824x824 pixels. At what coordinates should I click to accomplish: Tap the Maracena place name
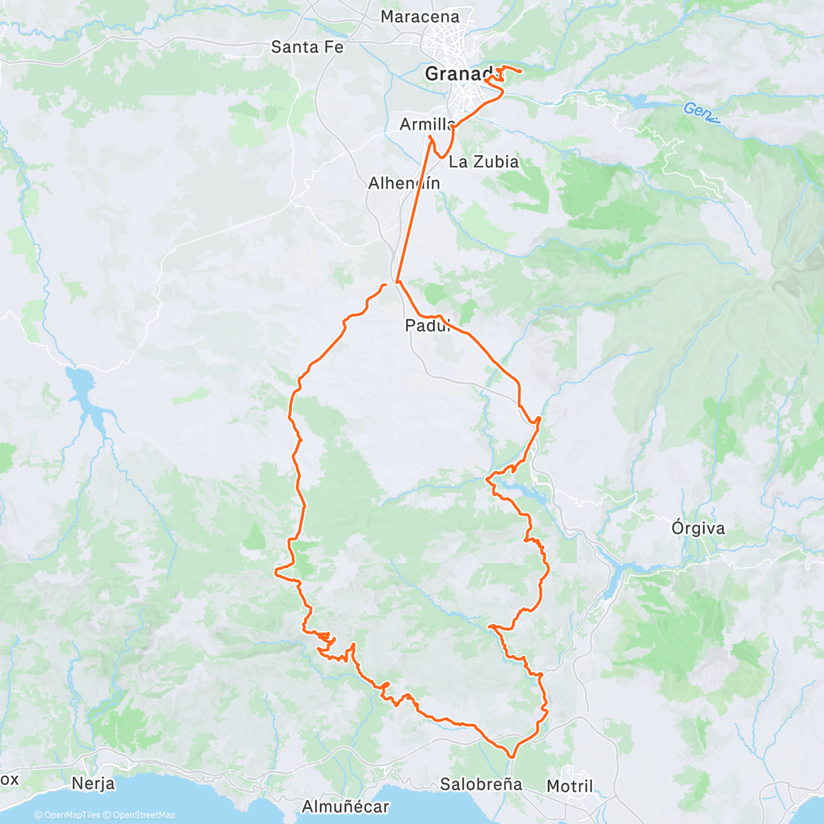(420, 16)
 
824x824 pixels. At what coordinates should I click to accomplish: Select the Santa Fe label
(307, 47)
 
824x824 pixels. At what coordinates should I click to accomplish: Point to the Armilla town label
(426, 124)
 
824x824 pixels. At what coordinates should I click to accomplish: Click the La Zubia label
(483, 162)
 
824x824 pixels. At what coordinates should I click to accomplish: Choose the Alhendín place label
(404, 183)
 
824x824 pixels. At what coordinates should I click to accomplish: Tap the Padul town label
(426, 325)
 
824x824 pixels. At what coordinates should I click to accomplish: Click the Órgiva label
(698, 529)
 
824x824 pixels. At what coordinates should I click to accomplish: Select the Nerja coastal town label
(93, 783)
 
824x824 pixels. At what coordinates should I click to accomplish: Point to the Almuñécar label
(345, 807)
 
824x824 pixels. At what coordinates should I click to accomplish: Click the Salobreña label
(481, 784)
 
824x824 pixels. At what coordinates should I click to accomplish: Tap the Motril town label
(570, 786)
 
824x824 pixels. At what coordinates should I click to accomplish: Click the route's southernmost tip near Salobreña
(512, 757)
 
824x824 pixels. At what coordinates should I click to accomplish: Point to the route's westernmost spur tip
(276, 571)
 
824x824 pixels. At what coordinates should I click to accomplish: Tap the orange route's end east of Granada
(520, 71)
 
